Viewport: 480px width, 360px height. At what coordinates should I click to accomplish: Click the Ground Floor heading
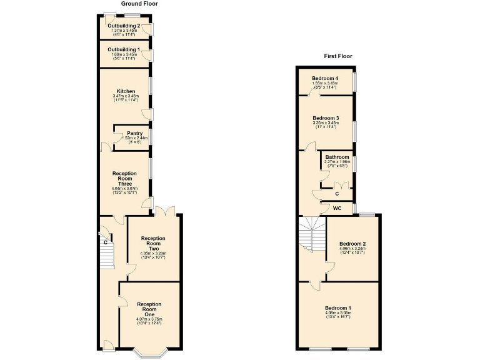139,4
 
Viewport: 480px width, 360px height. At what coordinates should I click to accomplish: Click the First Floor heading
337,56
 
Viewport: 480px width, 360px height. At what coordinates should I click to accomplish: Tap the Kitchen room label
126,91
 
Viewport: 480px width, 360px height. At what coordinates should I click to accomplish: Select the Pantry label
134,133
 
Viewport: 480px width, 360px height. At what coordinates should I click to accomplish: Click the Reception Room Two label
152,243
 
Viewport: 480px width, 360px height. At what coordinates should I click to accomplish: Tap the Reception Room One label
149,309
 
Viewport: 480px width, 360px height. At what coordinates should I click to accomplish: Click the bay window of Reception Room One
149,352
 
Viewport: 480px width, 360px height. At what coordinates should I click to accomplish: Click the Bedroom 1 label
337,308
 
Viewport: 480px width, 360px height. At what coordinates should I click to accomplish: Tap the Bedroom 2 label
352,244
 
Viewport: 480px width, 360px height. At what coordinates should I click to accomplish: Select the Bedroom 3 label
326,118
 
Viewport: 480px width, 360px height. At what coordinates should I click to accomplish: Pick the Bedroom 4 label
326,78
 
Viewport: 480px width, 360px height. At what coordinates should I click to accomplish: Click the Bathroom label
337,157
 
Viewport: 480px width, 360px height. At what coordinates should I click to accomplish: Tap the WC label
337,207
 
